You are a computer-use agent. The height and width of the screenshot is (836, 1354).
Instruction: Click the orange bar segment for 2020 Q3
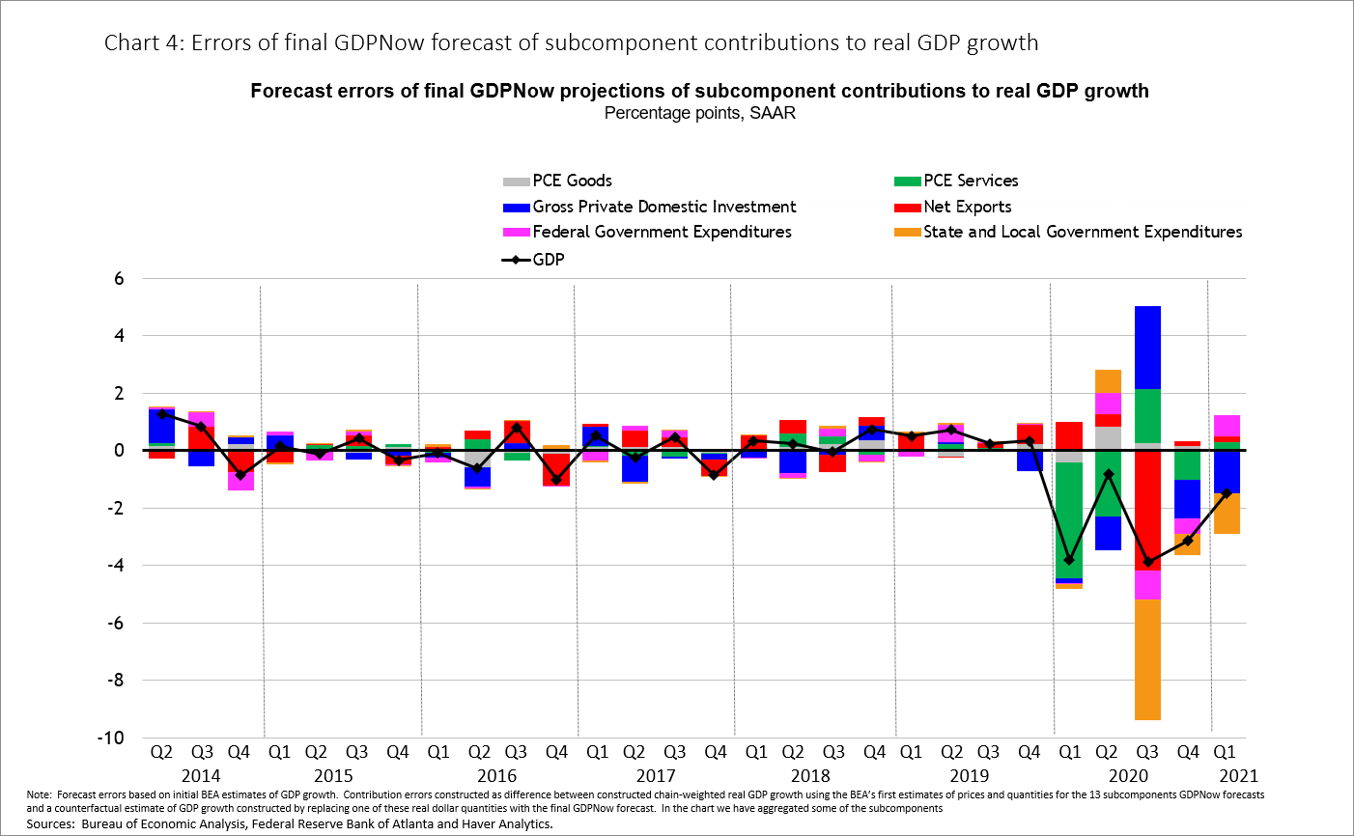click(1147, 659)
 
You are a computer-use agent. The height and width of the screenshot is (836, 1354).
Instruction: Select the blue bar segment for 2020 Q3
click(1147, 348)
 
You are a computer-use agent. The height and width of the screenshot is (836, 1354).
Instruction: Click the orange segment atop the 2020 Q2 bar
click(1108, 381)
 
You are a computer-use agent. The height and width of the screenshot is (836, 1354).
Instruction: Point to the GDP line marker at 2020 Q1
click(1069, 560)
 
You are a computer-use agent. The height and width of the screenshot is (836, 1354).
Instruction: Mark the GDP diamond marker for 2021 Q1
click(1227, 493)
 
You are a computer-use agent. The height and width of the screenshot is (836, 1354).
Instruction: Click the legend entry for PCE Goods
click(571, 181)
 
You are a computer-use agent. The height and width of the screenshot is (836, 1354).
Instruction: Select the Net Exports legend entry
click(967, 207)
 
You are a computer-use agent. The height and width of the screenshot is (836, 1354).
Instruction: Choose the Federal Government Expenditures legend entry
click(662, 232)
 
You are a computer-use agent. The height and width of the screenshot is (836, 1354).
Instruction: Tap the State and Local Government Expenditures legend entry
click(1082, 232)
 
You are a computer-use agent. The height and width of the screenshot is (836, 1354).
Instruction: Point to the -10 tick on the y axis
click(112, 738)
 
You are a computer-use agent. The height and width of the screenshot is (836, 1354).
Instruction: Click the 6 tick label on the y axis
click(119, 279)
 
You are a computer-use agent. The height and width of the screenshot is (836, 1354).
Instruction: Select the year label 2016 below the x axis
click(496, 775)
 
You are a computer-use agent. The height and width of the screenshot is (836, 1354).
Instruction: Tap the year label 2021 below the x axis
click(1238, 775)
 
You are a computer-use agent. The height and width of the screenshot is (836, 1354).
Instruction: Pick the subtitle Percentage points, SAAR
click(699, 113)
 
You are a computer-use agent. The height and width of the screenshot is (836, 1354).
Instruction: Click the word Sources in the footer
click(50, 823)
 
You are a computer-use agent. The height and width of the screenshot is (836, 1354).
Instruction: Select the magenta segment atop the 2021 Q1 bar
click(1227, 425)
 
